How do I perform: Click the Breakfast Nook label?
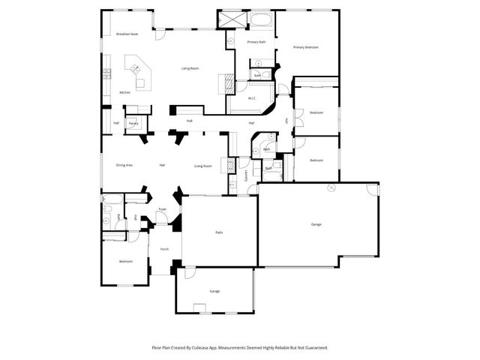124,34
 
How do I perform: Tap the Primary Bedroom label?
306,47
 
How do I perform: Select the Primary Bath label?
256,42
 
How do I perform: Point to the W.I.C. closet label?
252,98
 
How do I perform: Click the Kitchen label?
124,92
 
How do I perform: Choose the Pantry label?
133,123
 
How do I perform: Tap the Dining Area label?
124,165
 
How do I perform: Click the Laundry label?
246,175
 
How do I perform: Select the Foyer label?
162,209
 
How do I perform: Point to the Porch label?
164,249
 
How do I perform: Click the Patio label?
219,232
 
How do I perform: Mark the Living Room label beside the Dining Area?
203,166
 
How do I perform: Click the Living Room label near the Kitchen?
190,68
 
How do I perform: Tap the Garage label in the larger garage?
316,224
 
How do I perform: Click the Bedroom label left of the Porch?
125,261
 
